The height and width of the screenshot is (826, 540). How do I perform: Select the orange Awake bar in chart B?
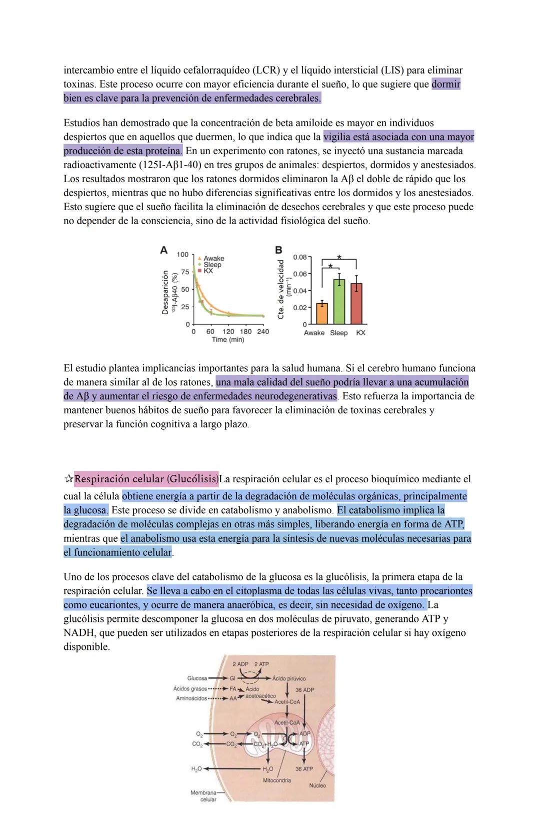pos(322,313)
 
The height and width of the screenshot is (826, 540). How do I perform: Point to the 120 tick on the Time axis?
pos(228,332)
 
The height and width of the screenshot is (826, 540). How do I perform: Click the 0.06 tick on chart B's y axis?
pos(299,274)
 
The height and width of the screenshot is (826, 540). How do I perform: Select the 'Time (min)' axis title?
pos(227,340)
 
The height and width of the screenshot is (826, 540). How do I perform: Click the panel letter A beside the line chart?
pos(163,250)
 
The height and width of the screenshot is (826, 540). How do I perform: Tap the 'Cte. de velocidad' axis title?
pos(281,289)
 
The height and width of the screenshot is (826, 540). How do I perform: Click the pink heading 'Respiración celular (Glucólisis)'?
pos(146,479)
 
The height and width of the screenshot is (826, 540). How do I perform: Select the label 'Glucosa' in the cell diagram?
pos(196,678)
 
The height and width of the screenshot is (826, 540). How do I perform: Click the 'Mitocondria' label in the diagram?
pos(276,780)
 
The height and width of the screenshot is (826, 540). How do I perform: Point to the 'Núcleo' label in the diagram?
pos(317,785)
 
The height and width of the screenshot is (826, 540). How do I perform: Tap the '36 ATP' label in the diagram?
pos(304,769)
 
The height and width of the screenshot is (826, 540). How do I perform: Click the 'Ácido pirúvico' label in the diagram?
pos(289,678)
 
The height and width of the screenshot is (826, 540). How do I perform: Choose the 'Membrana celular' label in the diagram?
pos(203,796)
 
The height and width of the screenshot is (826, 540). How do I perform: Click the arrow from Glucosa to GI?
pos(218,678)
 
